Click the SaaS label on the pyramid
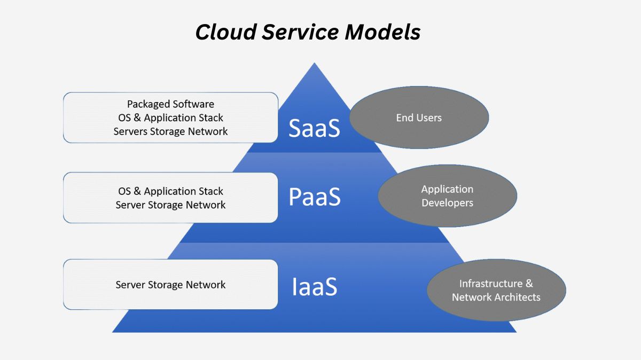(x=314, y=128)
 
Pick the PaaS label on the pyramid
(x=314, y=197)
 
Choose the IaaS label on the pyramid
(x=314, y=287)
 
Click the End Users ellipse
(x=419, y=118)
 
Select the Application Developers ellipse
(x=447, y=196)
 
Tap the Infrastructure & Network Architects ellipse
(x=496, y=291)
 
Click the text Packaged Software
(x=170, y=104)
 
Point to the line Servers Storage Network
(x=170, y=131)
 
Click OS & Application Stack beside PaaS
(x=170, y=191)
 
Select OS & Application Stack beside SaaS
(x=170, y=118)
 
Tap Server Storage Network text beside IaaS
(x=170, y=285)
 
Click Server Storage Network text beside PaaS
(x=170, y=205)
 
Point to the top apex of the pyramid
(x=314, y=64)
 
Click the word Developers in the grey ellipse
(x=447, y=203)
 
